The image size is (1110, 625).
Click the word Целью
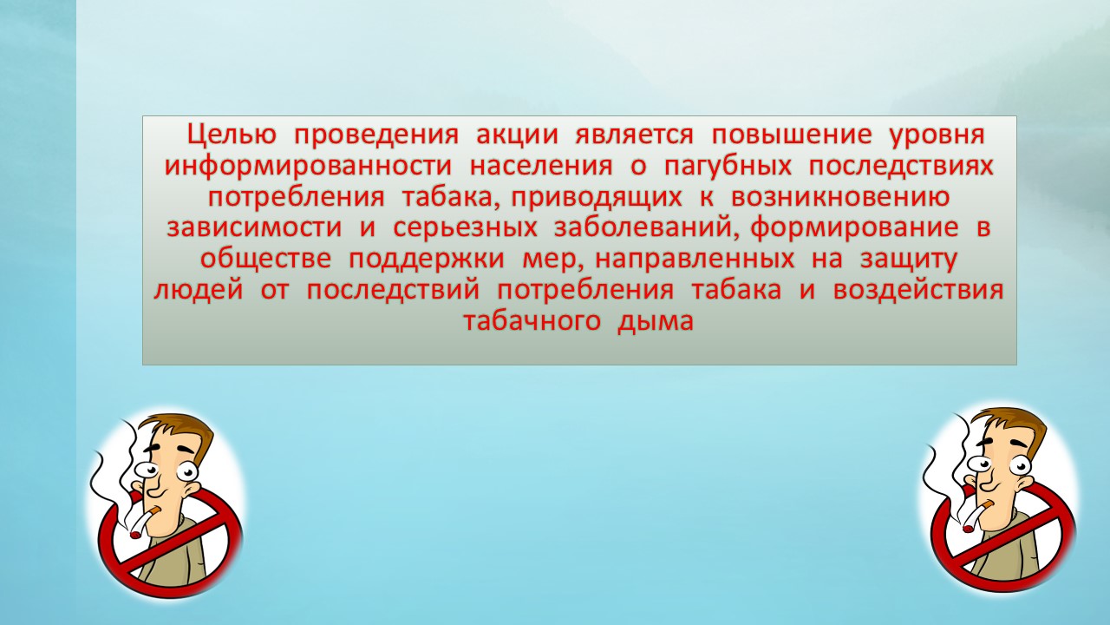(x=232, y=135)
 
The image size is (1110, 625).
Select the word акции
(x=518, y=135)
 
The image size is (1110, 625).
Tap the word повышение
(x=792, y=135)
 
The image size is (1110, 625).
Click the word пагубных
(x=728, y=167)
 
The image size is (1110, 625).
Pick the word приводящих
(x=597, y=198)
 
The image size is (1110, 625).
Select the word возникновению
(x=840, y=197)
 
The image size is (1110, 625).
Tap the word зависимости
(x=255, y=228)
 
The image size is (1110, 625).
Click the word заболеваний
(x=643, y=228)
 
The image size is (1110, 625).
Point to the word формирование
(x=854, y=228)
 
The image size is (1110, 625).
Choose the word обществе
(x=265, y=260)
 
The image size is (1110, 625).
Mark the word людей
(x=199, y=291)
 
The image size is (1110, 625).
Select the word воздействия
(x=918, y=291)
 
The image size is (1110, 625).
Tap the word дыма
(x=656, y=322)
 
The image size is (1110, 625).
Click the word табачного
(x=532, y=322)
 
